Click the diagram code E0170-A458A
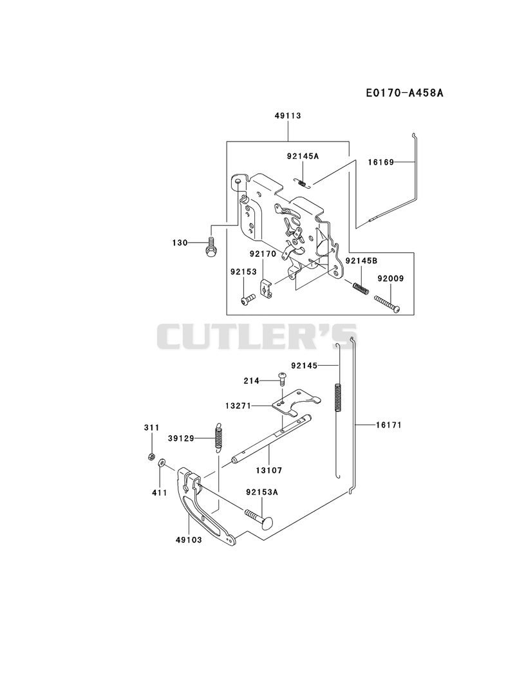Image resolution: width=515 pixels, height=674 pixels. [404, 93]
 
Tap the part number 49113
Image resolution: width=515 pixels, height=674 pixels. [288, 116]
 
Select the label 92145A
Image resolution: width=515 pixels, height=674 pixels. [303, 156]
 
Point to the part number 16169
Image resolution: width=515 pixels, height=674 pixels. [381, 162]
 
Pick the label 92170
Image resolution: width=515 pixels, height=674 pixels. [263, 254]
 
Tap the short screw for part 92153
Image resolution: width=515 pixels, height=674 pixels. [248, 299]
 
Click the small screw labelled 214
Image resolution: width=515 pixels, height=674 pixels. [283, 379]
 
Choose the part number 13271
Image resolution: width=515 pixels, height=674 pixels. [238, 406]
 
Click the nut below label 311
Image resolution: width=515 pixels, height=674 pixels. [151, 456]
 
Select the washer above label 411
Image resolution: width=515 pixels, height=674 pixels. [162, 463]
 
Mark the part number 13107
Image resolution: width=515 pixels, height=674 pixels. [269, 471]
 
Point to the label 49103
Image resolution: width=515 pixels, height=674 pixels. [189, 540]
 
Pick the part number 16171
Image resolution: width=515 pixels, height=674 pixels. [389, 425]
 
